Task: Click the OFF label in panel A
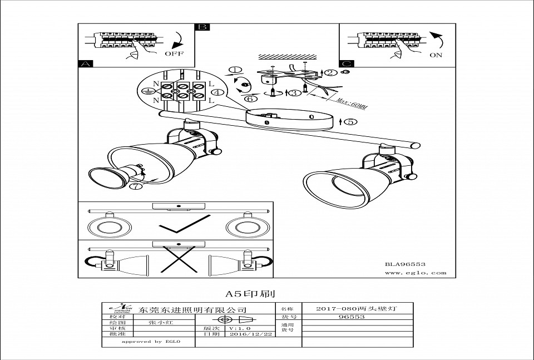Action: coord(173,54)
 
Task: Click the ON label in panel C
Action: coord(436,55)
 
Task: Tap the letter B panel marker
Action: coord(202,27)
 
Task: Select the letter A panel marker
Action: coord(85,64)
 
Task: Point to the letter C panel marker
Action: coord(346,64)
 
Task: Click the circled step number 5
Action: coord(350,122)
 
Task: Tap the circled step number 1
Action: coord(235,70)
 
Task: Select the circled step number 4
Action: coord(218,93)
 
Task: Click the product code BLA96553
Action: coord(405,264)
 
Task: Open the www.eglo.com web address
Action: coord(416,273)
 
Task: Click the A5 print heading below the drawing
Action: coord(250,293)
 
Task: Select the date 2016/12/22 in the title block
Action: coord(251,334)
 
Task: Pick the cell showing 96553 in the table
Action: coord(352,317)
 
